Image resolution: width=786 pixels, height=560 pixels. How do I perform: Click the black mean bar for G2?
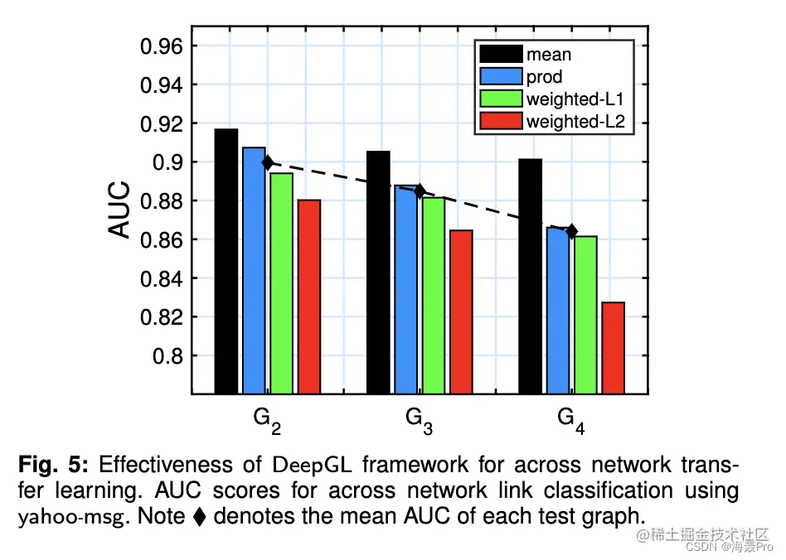(x=226, y=261)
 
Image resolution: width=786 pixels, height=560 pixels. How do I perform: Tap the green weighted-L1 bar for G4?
(x=586, y=314)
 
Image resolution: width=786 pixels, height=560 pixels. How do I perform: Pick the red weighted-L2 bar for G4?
(x=614, y=347)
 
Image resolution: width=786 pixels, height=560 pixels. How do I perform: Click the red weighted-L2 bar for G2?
(x=308, y=296)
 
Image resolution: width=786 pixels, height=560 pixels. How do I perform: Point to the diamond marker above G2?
(x=267, y=162)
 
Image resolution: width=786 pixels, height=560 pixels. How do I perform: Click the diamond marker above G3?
(x=420, y=191)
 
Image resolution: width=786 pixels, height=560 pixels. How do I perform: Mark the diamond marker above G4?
(x=571, y=231)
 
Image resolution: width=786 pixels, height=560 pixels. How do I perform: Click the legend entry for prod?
(x=544, y=78)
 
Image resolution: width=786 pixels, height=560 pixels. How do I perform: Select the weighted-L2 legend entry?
(x=575, y=123)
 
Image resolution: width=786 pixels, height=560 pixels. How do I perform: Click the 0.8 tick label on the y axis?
(x=171, y=356)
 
